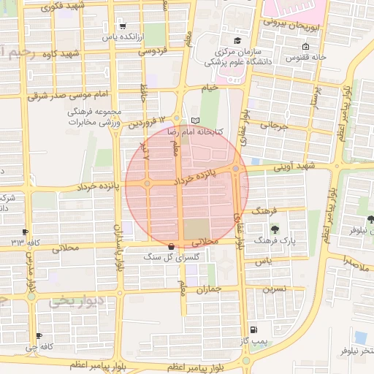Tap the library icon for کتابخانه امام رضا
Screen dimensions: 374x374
[x=194, y=121]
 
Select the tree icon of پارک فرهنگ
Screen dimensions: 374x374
[x=274, y=229]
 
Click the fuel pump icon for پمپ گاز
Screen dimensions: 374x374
[x=253, y=329]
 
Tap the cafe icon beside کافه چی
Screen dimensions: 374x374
[x=38, y=336]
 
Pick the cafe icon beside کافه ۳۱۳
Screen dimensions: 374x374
[x=26, y=231]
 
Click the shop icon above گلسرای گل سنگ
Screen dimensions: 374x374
[x=171, y=246]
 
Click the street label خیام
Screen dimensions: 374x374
[x=210, y=88]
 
